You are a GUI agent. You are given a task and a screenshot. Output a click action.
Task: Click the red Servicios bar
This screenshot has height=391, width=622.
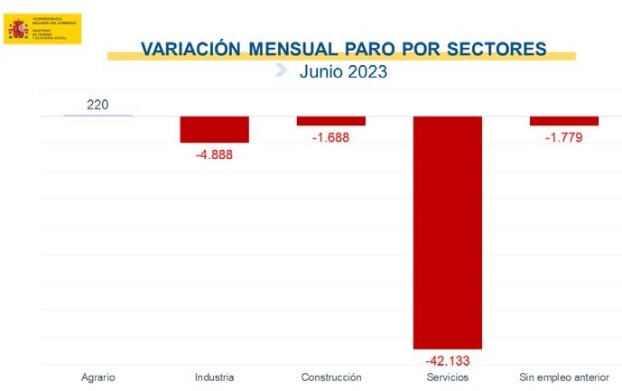point(447,232)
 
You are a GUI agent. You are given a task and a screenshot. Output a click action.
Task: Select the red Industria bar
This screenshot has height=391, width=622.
point(214,129)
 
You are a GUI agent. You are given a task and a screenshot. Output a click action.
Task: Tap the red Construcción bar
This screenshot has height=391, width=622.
point(330,121)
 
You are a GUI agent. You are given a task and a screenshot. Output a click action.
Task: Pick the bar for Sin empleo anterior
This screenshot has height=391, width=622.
point(563,121)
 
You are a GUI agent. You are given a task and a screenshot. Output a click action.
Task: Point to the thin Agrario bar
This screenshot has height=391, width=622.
point(97,116)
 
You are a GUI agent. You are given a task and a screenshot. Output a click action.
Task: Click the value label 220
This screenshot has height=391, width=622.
point(97,105)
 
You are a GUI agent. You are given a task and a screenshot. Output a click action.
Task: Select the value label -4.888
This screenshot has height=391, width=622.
point(214,154)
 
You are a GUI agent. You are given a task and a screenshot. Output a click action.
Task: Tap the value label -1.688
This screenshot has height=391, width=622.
point(330,137)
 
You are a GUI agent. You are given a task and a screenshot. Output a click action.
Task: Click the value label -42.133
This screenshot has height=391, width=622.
point(447,360)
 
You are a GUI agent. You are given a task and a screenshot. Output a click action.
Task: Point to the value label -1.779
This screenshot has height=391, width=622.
point(563,137)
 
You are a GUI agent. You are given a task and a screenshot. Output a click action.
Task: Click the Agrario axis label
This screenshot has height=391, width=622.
point(97,377)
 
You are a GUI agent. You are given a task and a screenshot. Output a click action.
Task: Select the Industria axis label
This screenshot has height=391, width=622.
point(214,377)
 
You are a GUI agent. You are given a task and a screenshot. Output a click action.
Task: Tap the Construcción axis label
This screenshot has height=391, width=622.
point(330,377)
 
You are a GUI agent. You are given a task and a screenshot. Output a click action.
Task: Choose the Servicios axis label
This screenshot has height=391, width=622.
point(447,377)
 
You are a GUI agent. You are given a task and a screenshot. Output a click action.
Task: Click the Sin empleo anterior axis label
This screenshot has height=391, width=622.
point(563,377)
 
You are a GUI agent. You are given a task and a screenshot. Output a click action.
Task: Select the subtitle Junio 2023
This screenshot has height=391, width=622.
point(343,71)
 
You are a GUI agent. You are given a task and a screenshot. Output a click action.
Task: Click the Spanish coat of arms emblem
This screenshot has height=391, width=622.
point(18,29)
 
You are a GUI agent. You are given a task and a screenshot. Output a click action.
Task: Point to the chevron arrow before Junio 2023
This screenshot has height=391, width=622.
point(281,70)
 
